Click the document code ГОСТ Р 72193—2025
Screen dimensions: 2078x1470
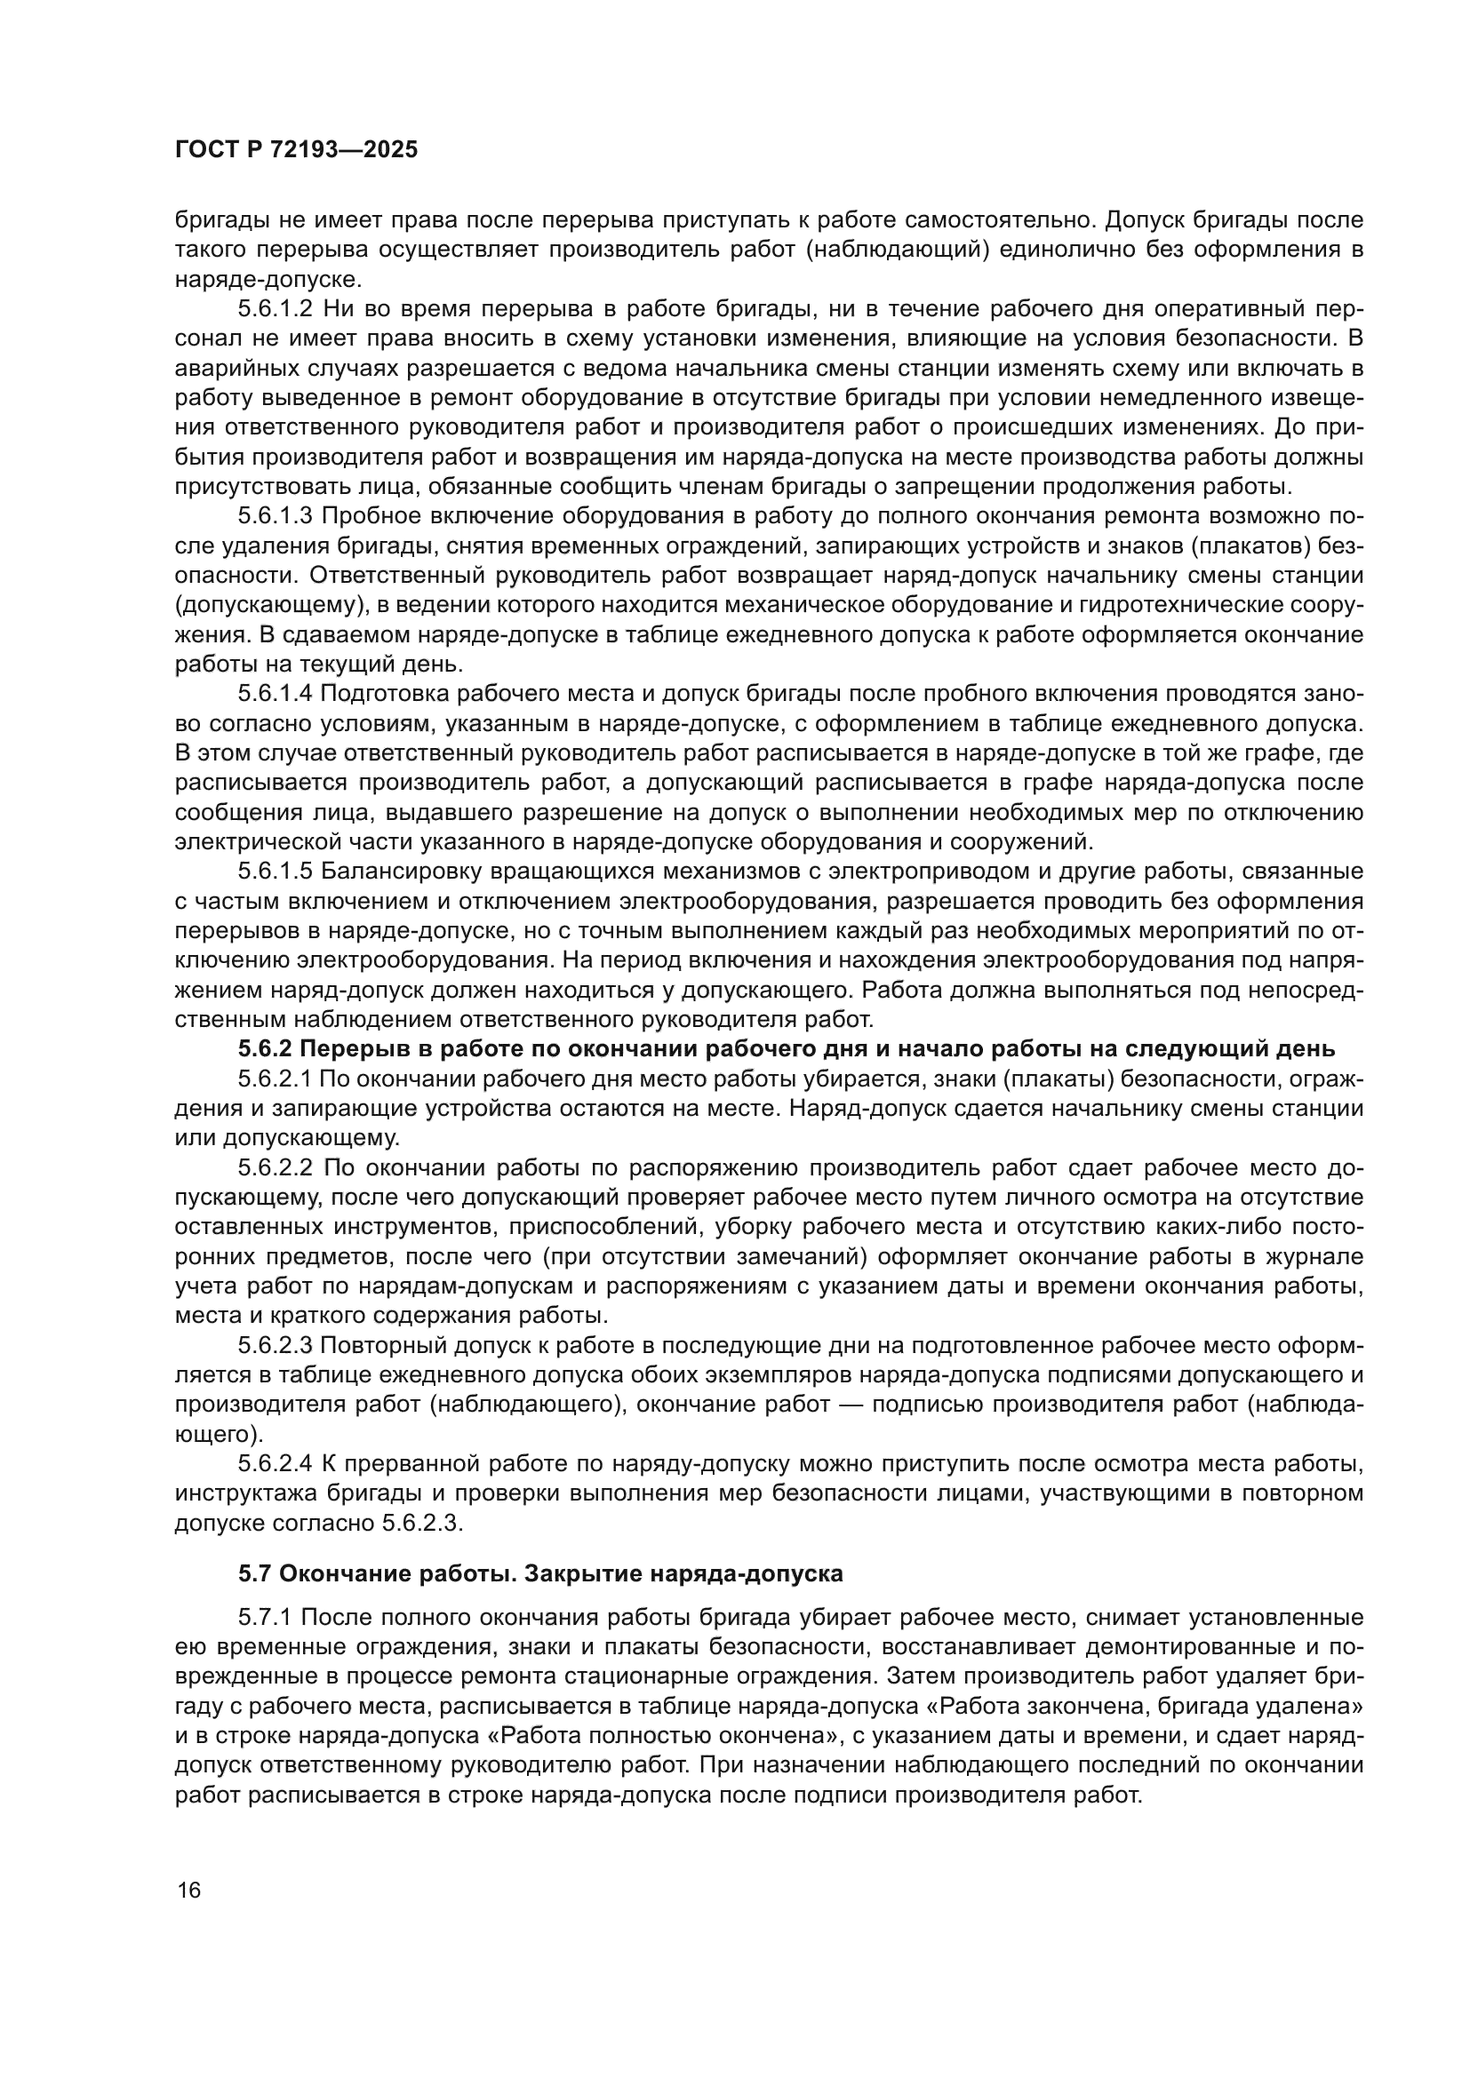tap(296, 150)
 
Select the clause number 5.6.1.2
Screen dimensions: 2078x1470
tap(276, 308)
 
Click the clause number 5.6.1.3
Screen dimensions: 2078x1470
tap(276, 516)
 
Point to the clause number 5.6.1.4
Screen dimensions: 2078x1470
tap(276, 693)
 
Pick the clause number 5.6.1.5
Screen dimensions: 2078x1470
tap(276, 872)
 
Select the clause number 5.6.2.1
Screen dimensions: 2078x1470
tap(276, 1079)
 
